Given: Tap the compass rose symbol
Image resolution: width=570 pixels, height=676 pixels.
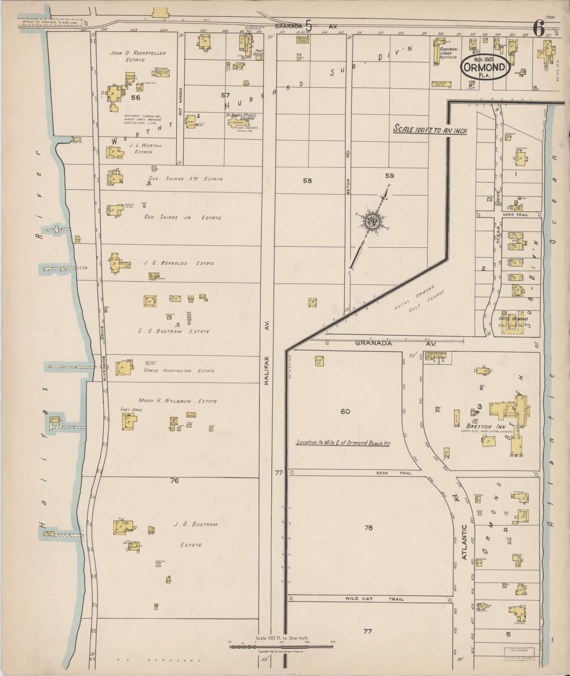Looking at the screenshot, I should [372, 221].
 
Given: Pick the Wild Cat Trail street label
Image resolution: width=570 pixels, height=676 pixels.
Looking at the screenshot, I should [374, 599].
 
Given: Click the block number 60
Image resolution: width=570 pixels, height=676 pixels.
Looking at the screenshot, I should [345, 411].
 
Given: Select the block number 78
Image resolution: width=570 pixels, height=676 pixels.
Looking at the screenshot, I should [368, 528].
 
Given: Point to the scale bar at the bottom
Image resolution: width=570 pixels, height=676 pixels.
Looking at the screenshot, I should [281, 646].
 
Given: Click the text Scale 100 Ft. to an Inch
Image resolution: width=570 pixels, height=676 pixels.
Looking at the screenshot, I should [430, 130].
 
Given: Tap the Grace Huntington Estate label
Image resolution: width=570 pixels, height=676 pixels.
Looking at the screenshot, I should [179, 371].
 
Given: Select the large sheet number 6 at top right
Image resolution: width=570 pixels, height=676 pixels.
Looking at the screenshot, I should [538, 28].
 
